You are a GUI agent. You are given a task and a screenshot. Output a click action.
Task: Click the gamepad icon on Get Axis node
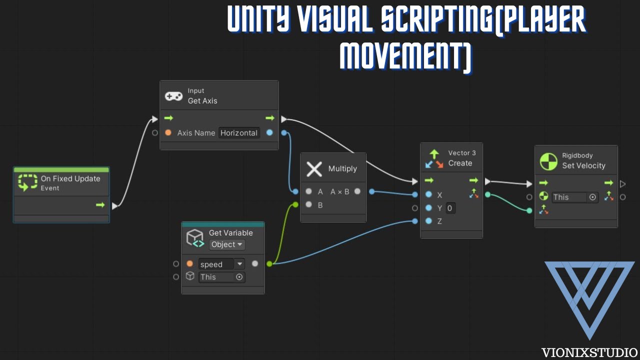(173, 96)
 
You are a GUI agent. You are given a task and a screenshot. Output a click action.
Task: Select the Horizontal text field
(239, 133)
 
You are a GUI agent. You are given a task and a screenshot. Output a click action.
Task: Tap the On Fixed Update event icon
(27, 182)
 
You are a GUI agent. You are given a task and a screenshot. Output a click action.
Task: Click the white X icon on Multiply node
(314, 169)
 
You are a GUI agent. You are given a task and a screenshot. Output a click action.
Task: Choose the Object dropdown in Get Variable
(227, 244)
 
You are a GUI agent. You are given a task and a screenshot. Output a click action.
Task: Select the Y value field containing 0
(450, 208)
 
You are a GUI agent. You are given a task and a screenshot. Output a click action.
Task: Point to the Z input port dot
(428, 221)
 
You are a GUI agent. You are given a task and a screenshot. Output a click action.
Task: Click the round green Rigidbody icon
(548, 161)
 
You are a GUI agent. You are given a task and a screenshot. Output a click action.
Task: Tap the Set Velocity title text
(583, 165)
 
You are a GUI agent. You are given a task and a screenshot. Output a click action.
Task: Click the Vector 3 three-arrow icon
(434, 159)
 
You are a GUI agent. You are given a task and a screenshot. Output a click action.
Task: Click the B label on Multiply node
(320, 205)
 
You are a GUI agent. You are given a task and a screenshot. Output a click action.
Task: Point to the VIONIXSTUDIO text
(589, 352)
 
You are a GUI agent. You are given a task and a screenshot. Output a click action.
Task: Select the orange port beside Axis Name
(168, 132)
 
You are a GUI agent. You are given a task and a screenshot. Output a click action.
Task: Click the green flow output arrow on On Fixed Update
(100, 205)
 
